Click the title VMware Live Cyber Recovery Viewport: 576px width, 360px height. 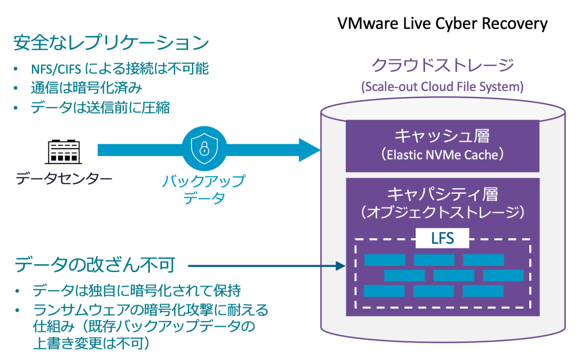click(442, 23)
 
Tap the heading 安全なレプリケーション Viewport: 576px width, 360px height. click(111, 43)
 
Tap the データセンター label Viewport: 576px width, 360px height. click(64, 179)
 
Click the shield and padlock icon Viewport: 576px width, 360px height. click(203, 149)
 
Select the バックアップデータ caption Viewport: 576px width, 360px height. click(203, 189)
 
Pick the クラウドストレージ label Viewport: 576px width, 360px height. click(442, 65)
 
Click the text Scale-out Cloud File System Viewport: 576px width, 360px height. click(442, 87)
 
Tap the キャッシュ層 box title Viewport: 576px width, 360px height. click(442, 136)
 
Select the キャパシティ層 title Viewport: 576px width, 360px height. click(442, 194)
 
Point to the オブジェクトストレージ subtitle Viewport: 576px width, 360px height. click(442, 212)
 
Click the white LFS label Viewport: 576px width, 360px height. click(442, 239)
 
